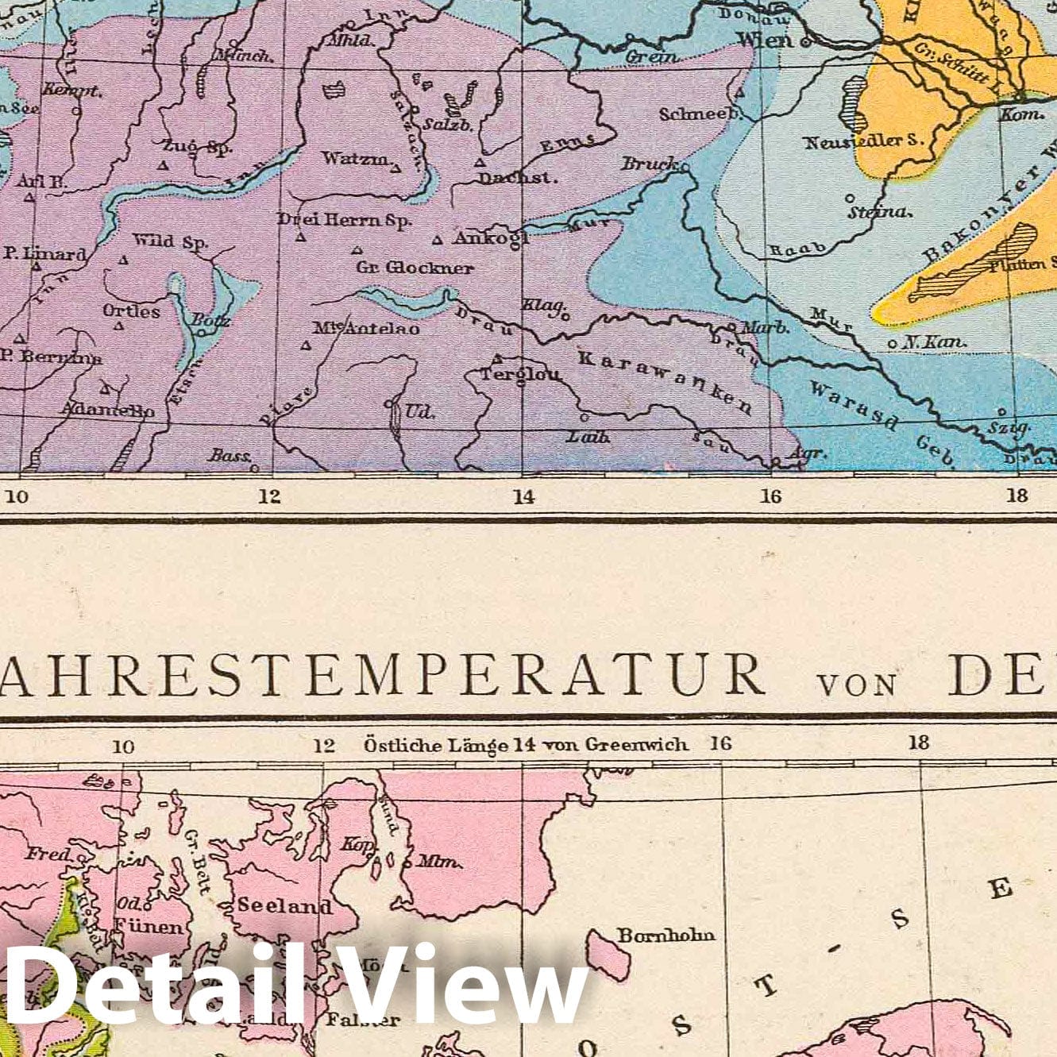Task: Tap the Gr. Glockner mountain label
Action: (x=415, y=268)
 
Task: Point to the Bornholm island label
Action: (x=666, y=935)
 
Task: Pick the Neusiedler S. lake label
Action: (x=865, y=142)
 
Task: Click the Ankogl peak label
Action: (x=490, y=237)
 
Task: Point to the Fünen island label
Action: (x=149, y=925)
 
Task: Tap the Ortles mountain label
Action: (x=131, y=311)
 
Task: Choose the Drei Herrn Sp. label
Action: (x=344, y=220)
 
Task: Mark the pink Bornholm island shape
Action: (x=609, y=954)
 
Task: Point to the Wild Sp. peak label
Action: (x=169, y=241)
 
